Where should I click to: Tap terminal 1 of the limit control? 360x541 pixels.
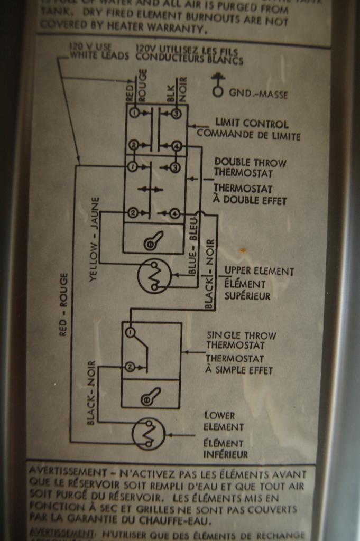point(134,113)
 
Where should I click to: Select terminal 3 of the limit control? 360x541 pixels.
point(176,114)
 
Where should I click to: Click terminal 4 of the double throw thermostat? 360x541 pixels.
point(176,213)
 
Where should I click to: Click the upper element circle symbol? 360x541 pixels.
point(154,276)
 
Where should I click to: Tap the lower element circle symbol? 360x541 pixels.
point(149,434)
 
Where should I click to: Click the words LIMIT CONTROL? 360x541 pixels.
point(252,124)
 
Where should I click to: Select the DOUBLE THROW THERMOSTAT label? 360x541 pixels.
point(251,167)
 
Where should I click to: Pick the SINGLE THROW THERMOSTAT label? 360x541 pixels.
point(241,340)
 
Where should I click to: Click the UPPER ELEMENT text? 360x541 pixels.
point(259,272)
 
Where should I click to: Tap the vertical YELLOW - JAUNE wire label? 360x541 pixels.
point(94,239)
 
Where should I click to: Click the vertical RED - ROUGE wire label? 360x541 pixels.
point(64,305)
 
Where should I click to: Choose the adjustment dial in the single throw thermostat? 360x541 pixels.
point(150,396)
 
